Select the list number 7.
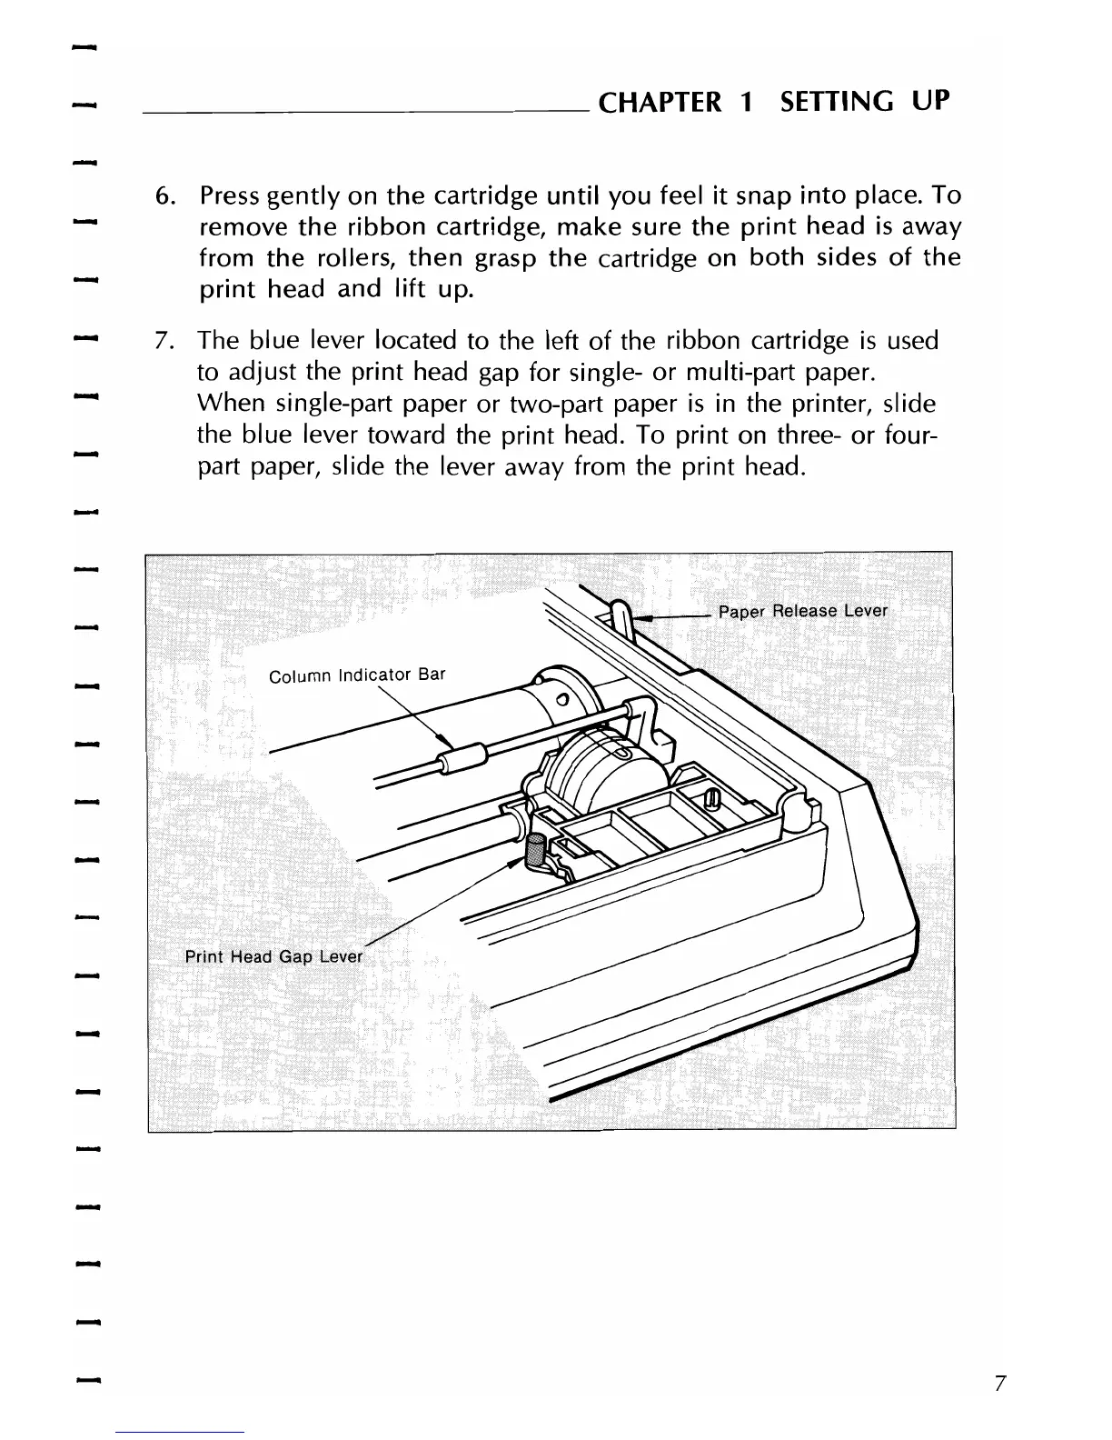click(164, 342)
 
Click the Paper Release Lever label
click(802, 611)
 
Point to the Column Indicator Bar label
click(358, 675)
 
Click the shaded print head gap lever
click(535, 852)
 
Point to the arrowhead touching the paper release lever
click(640, 617)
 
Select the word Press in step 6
click(230, 196)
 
